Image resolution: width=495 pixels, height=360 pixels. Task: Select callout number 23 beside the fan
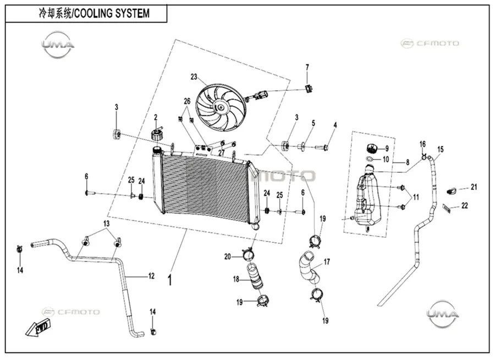click(194, 77)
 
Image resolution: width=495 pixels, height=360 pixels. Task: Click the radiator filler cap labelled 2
click(157, 134)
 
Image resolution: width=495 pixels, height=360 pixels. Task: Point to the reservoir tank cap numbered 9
click(372, 148)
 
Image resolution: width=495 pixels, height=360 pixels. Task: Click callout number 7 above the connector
click(307, 67)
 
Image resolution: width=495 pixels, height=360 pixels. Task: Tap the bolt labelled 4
click(326, 147)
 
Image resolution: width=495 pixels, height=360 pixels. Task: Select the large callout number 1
click(170, 280)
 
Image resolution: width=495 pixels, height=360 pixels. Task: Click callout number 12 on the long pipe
click(151, 276)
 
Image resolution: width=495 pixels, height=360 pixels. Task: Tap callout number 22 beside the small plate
click(464, 206)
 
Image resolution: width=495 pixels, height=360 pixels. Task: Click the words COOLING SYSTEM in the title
click(111, 13)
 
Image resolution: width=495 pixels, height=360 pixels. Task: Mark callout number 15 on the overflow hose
click(441, 149)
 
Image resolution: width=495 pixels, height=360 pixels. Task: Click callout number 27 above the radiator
click(222, 152)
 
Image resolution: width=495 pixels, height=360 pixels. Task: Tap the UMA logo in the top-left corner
click(58, 45)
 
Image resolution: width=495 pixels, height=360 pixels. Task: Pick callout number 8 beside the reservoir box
click(408, 162)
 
